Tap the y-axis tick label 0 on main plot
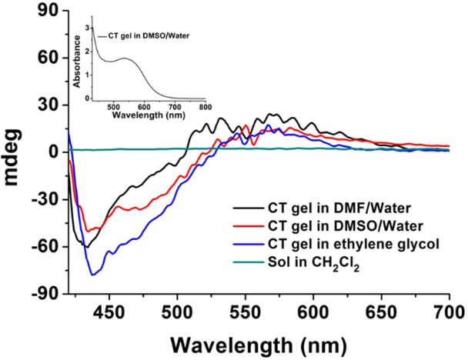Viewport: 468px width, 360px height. pyautogui.click(x=55, y=152)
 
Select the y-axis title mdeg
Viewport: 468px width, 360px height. pyautogui.click(x=15, y=152)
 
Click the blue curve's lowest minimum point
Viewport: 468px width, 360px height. pyautogui.click(x=93, y=275)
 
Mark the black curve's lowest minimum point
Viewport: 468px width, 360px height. pyautogui.click(x=85, y=247)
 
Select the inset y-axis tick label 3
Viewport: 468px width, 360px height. pyautogui.click(x=87, y=26)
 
